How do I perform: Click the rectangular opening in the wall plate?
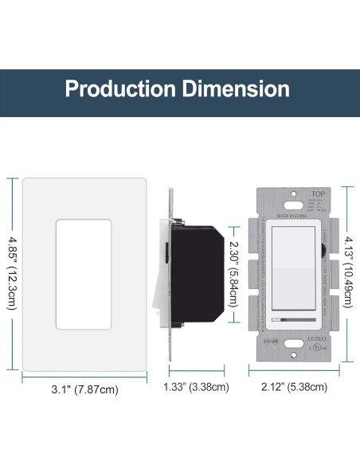(x=81, y=272)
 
